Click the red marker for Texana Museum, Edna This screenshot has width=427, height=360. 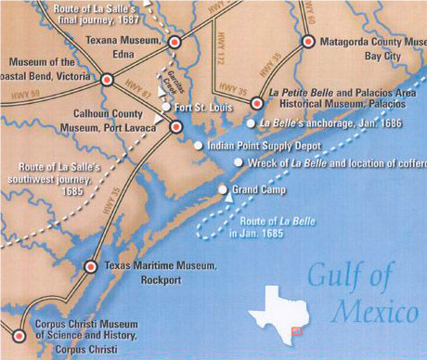pos(174,42)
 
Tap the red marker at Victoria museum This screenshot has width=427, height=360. pos(106,80)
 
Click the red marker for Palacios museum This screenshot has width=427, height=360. pos(258,105)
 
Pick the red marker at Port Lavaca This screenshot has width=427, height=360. pos(175,126)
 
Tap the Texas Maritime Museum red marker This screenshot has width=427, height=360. pos(90,266)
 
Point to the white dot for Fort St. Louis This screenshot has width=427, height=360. pos(166,108)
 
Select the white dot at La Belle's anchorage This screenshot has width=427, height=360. pos(251,122)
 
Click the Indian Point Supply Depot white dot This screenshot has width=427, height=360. pos(198,146)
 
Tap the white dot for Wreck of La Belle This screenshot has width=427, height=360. pos(239,162)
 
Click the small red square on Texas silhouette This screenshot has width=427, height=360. pos(297,329)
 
